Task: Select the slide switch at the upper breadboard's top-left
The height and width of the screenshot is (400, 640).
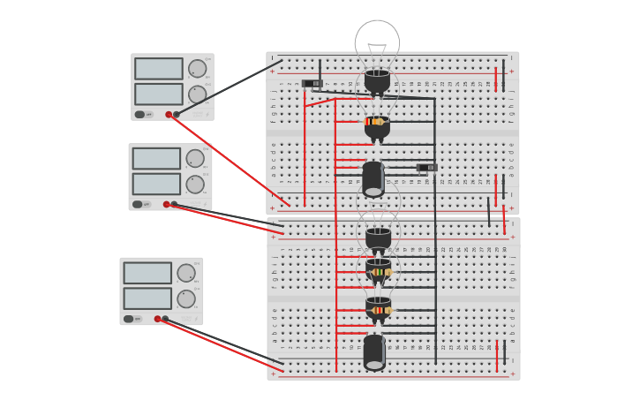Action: click(x=311, y=84)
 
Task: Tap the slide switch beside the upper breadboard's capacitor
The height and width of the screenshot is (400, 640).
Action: click(x=426, y=167)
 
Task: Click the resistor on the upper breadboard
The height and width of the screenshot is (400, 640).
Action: click(x=375, y=122)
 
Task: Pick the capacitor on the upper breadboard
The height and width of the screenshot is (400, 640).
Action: click(x=373, y=179)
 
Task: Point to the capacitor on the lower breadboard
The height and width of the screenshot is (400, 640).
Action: click(x=374, y=352)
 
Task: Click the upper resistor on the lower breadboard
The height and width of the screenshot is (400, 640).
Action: click(x=380, y=272)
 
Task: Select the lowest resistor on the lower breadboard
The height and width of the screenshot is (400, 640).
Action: click(x=380, y=310)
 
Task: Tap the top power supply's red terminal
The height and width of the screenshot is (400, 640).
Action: click(x=169, y=114)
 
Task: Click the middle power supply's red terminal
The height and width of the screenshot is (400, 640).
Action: click(x=166, y=204)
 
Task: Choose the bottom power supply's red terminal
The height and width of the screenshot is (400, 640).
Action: click(x=157, y=319)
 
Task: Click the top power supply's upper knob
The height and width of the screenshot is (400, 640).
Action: click(x=198, y=69)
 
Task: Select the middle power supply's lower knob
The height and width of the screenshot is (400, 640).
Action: click(x=195, y=185)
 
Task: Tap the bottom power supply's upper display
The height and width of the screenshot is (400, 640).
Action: click(x=147, y=273)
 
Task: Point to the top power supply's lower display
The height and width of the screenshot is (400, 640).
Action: click(x=159, y=94)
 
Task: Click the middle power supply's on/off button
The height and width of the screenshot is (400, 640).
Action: click(x=138, y=204)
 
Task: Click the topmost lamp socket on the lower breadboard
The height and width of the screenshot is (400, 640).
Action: click(x=378, y=238)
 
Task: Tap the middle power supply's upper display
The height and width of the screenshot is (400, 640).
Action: click(x=156, y=159)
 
